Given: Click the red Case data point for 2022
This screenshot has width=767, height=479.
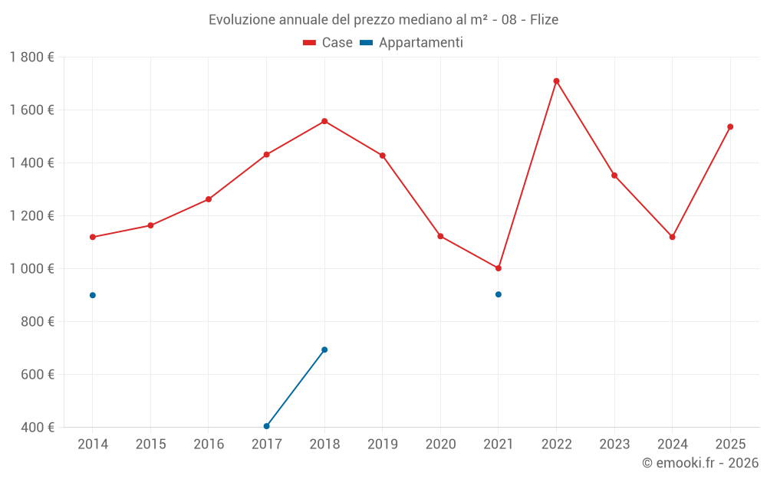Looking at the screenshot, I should coord(556,80).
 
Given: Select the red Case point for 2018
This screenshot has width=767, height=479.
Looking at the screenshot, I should coord(324,121).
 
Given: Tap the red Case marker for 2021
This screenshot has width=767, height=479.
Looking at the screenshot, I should coord(499,268).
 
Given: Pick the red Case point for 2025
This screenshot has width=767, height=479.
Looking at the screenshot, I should coord(730,126).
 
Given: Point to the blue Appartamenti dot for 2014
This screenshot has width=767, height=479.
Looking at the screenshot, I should coord(93,295).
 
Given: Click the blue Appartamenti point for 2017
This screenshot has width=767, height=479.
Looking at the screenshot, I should coord(266,426).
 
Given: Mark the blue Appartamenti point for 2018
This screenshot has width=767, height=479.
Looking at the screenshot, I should coord(324,349).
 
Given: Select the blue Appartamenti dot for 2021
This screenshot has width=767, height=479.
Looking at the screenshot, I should coord(499,294).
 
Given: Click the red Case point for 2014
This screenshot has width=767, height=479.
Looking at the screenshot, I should coord(93,237).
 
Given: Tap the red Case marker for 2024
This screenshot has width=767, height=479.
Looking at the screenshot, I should coord(672,237).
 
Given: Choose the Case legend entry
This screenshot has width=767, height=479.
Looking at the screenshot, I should coord(328,43).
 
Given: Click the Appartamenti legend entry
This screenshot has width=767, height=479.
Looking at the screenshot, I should coord(412,43).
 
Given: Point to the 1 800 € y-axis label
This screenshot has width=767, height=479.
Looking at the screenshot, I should coord(31,57).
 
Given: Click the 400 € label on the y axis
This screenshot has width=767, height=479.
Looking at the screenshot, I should coord(37,428).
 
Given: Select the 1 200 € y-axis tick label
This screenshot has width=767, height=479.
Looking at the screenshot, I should coord(31,216).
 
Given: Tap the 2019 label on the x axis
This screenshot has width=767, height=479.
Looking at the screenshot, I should coord(382,444).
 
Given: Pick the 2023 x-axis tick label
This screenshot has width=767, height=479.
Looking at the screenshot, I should coord(614,444).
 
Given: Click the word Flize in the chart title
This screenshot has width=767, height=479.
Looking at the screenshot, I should coord(544,19).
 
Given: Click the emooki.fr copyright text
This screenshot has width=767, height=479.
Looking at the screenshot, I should coord(700,463).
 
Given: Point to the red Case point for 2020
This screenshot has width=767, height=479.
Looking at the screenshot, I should coord(440,236).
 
